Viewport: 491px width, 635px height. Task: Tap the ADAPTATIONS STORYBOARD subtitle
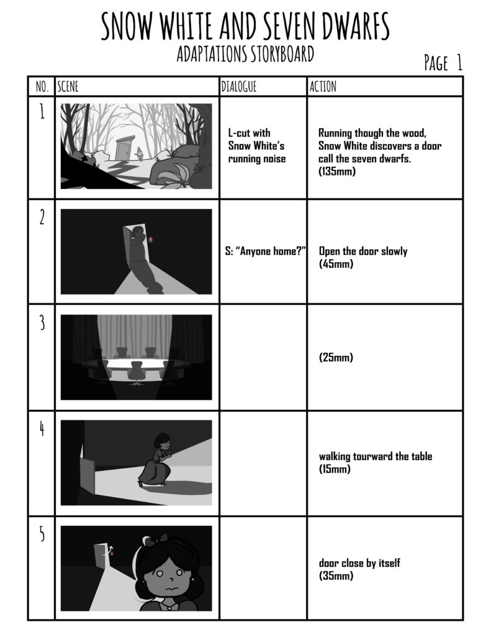point(245,54)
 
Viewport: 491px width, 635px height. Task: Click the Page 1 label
point(443,63)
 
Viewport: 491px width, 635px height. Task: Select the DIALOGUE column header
point(239,86)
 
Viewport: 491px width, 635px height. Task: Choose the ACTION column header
point(323,86)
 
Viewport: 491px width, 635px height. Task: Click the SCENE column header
point(68,86)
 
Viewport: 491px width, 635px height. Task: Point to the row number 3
point(42,324)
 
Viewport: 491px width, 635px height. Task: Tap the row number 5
point(42,535)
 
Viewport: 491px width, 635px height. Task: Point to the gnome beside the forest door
point(140,154)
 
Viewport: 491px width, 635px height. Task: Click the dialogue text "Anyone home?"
point(269,251)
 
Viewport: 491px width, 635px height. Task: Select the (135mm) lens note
point(337,171)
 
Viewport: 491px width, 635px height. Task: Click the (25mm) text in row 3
point(336,357)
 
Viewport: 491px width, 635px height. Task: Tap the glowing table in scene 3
point(137,363)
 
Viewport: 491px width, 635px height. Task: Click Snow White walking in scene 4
point(156,460)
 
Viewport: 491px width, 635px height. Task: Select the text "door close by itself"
point(359,562)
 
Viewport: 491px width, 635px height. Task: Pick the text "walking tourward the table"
point(376,456)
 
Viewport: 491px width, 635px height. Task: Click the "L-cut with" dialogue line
point(249,133)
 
